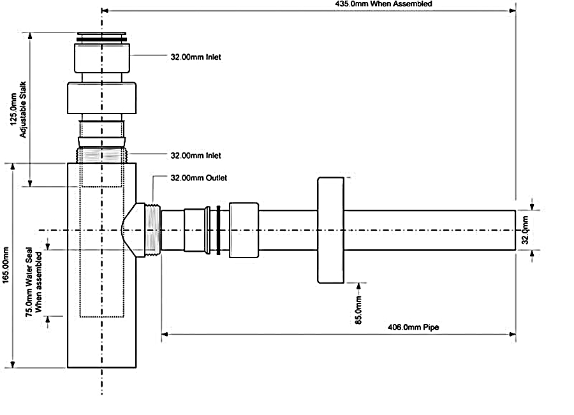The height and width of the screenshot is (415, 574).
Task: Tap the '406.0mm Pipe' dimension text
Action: pos(414,327)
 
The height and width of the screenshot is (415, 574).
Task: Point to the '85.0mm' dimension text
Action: pos(359,309)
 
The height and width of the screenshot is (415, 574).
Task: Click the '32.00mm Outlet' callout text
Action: pos(198,178)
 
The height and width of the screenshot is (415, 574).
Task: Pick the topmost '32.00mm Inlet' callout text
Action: pos(196,57)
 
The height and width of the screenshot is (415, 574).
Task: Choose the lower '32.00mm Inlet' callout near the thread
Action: pos(196,155)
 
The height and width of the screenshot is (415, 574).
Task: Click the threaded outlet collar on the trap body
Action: pos(152,229)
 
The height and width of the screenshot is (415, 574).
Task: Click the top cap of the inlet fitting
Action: pos(102,36)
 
